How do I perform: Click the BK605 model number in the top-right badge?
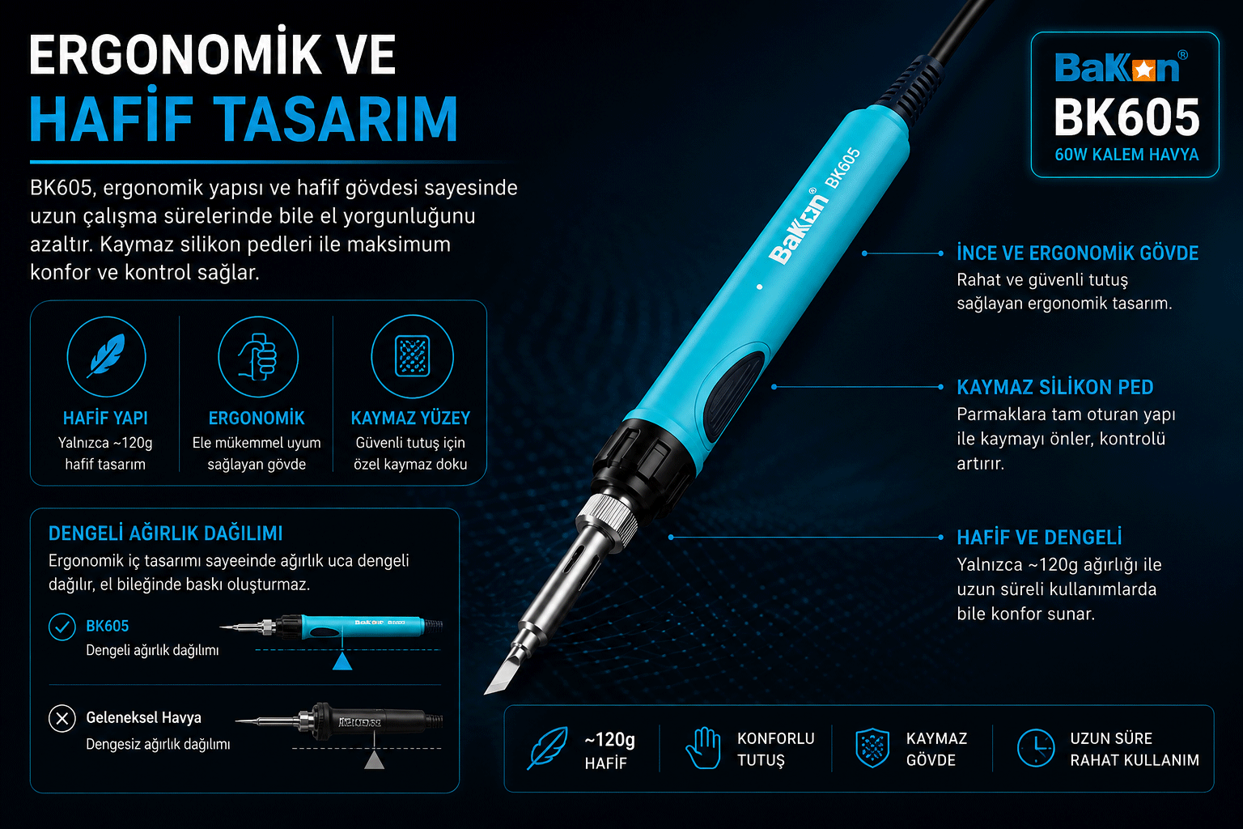click(x=1126, y=117)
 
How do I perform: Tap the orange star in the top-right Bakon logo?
click(x=1143, y=70)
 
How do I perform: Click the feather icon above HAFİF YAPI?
click(x=106, y=356)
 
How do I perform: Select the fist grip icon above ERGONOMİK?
click(x=258, y=356)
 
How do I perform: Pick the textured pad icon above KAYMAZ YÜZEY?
click(x=412, y=356)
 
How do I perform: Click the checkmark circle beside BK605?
click(x=62, y=627)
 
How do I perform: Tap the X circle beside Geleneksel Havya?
click(x=62, y=719)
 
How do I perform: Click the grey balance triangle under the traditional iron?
click(x=375, y=759)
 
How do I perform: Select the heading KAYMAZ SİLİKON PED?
click(x=1055, y=387)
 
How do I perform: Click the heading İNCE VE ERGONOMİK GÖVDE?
click(x=1078, y=253)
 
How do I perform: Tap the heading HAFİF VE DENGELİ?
click(x=1039, y=537)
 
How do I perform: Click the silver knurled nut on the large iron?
click(x=609, y=519)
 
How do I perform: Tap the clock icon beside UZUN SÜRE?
click(x=1036, y=748)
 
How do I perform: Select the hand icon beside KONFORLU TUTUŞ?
click(x=703, y=748)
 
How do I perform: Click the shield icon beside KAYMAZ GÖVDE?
click(x=872, y=748)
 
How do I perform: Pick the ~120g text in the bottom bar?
click(x=610, y=739)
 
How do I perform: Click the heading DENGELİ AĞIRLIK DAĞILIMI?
click(x=165, y=534)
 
